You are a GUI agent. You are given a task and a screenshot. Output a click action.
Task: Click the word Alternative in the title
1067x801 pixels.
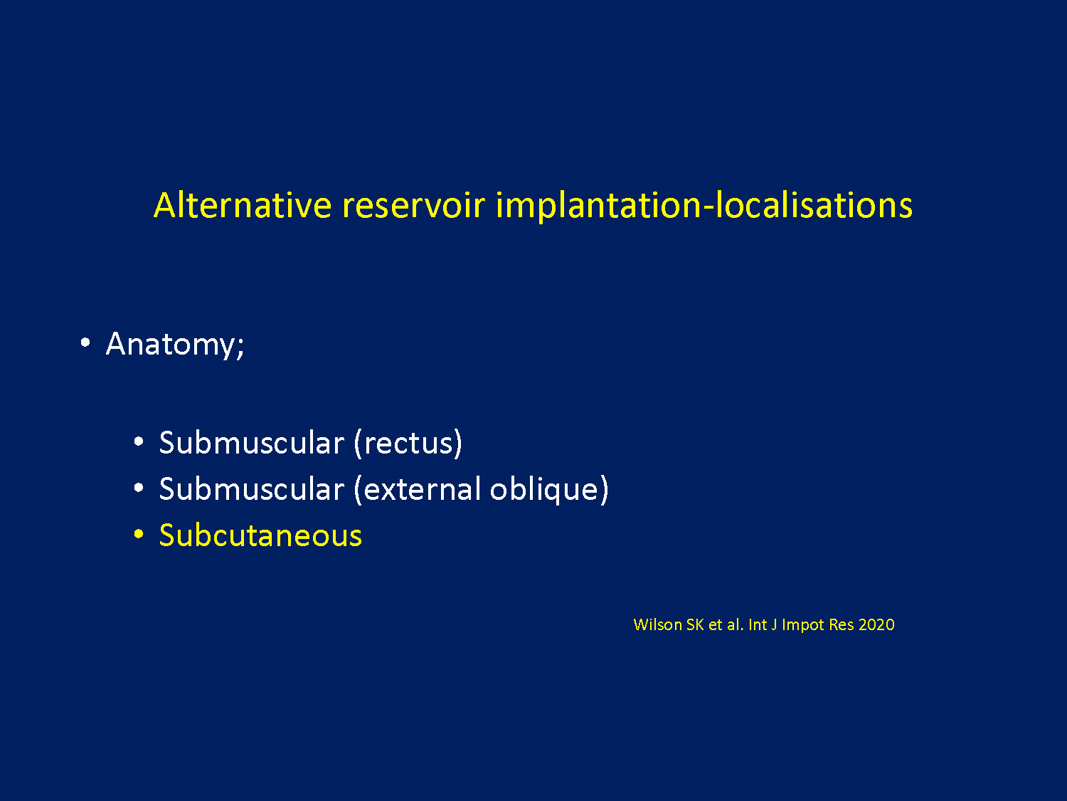tap(243, 205)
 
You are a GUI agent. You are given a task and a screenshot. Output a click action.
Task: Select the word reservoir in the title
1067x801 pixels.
tap(414, 205)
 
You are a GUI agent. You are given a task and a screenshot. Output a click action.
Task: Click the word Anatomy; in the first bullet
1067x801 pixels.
tap(175, 345)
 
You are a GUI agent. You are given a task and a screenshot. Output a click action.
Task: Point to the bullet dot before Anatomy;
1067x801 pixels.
tap(85, 342)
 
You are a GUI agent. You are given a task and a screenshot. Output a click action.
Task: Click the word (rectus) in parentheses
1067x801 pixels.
tap(408, 443)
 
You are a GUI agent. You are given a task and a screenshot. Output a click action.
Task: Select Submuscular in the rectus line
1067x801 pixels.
tap(252, 442)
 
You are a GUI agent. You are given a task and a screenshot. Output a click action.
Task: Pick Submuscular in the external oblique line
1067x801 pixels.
tap(252, 488)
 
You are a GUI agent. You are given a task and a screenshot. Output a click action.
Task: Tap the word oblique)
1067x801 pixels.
tap(549, 489)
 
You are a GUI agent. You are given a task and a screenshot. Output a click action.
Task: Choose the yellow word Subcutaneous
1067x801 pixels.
tap(260, 535)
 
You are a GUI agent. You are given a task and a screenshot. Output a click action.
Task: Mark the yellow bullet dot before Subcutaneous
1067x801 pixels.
tap(139, 534)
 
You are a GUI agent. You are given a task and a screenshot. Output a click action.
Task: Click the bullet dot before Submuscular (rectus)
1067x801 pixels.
tap(139, 441)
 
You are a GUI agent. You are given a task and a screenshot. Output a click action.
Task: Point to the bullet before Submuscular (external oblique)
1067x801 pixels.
tap(139, 487)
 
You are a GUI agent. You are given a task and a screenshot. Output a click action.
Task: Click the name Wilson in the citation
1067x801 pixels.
tap(658, 624)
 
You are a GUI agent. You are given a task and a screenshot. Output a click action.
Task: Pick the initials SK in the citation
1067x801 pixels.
tap(695, 624)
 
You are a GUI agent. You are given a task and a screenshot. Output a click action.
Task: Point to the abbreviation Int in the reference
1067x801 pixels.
tap(758, 624)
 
